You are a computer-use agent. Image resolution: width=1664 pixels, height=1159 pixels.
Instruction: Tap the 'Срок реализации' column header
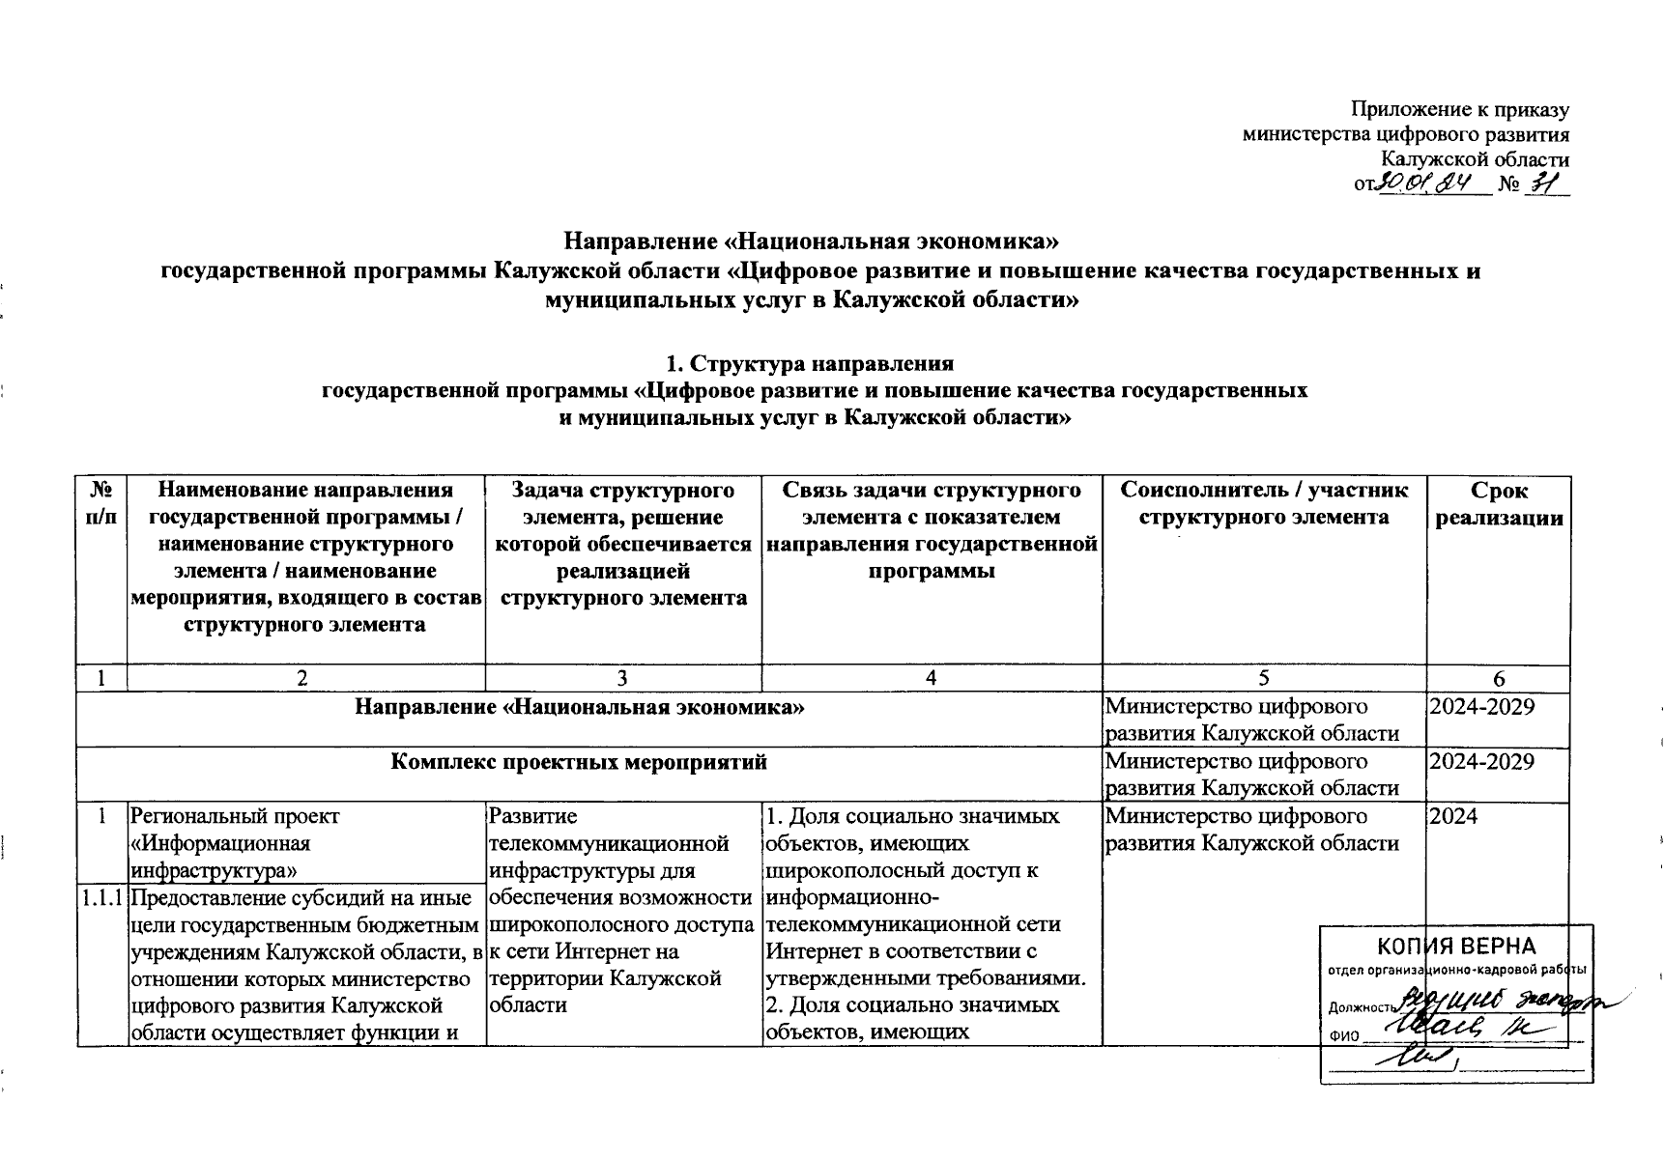1499,504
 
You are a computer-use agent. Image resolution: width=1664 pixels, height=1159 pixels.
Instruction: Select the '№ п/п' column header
102,504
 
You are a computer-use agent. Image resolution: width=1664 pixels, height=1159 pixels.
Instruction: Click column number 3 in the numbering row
622,679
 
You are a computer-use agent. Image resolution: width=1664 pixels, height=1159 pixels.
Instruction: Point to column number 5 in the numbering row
1264,679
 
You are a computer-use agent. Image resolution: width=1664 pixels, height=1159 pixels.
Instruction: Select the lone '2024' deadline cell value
1453,816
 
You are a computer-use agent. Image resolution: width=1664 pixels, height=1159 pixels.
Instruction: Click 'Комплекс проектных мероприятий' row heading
579,762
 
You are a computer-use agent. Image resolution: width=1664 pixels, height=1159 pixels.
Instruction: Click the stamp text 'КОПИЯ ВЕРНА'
1456,945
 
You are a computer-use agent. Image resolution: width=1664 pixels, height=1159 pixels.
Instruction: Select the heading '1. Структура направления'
809,364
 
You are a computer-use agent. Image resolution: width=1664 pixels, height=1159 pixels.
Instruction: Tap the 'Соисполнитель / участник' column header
1264,491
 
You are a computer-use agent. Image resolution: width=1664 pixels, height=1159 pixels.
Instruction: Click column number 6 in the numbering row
1499,679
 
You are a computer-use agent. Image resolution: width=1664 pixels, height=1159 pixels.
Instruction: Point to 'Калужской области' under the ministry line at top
1475,160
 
